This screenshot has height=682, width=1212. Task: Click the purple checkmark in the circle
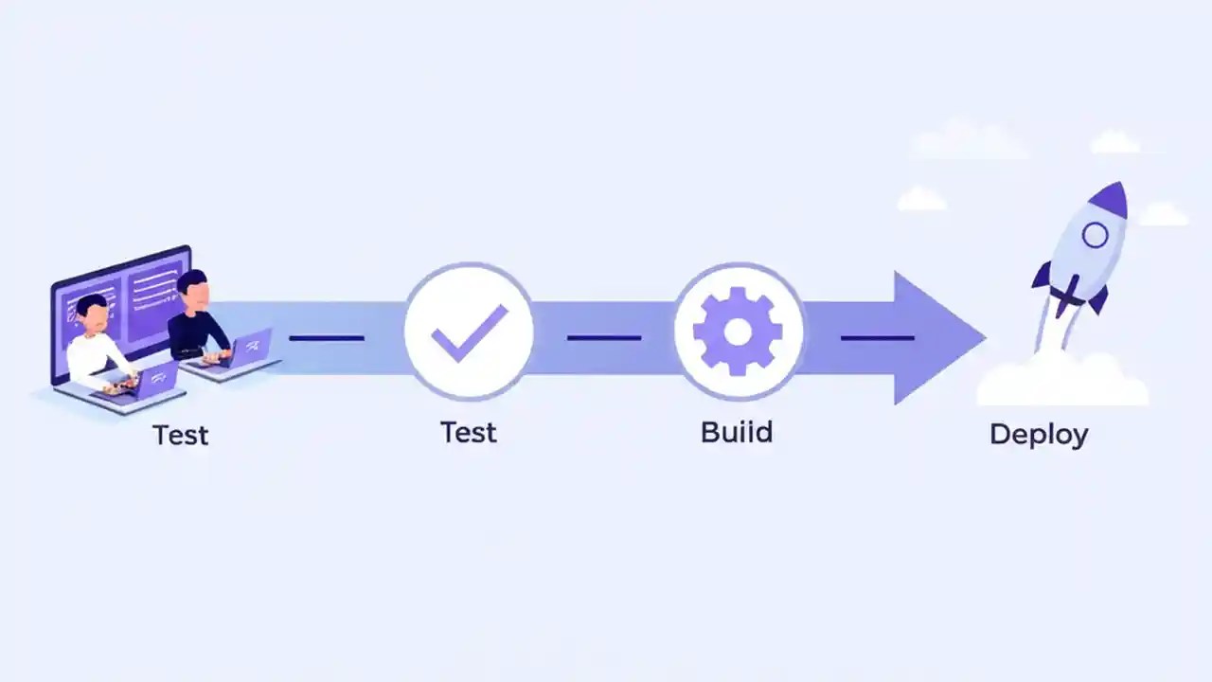click(x=470, y=332)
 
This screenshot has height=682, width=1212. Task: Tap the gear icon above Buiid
click(x=738, y=332)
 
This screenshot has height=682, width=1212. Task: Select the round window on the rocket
click(x=1095, y=234)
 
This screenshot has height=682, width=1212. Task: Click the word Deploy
click(x=1039, y=435)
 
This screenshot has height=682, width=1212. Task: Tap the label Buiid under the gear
click(x=737, y=432)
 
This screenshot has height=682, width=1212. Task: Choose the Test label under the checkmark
click(x=469, y=433)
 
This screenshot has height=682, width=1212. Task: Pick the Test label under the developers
click(x=180, y=435)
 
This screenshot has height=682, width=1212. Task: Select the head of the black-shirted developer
click(x=191, y=287)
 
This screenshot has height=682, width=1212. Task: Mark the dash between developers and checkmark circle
click(x=327, y=337)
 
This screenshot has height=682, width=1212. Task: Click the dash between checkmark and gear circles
click(x=604, y=337)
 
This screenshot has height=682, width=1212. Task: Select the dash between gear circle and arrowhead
click(x=877, y=337)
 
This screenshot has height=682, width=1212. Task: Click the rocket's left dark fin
click(x=1042, y=276)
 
